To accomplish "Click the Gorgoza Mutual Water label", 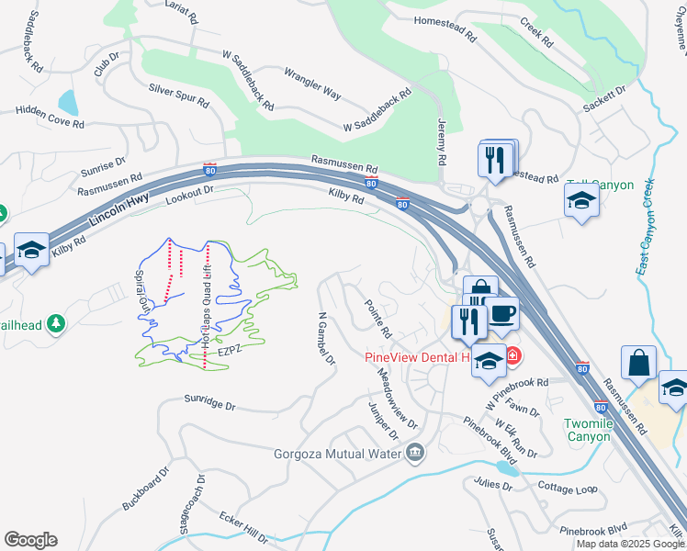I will [337, 453].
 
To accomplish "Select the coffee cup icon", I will [502, 315].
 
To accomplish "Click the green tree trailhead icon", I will [56, 323].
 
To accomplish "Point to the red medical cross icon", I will [512, 355].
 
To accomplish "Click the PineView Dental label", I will [417, 356].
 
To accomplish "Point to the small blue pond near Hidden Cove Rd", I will [68, 101].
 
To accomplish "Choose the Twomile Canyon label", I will [588, 430].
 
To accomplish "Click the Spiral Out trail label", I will [142, 286].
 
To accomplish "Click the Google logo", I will [30, 540].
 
